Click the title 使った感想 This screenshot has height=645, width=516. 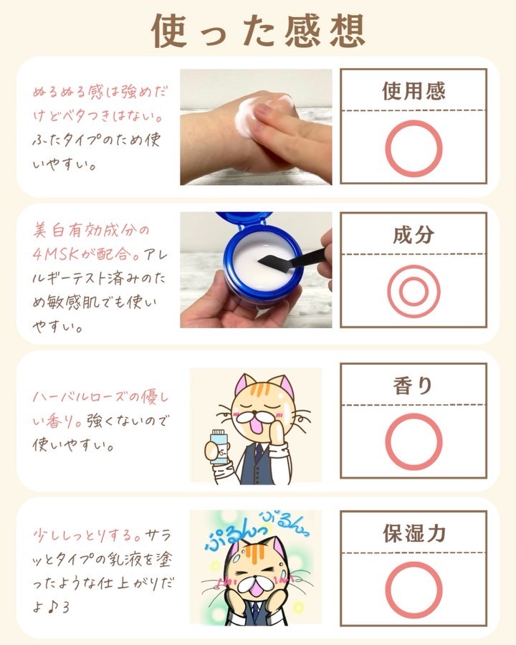(x=259, y=30)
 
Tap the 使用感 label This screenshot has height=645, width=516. (x=414, y=91)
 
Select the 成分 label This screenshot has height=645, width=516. (x=414, y=235)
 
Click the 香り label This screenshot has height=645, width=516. (x=413, y=386)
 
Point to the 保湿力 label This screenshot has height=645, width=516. (x=414, y=533)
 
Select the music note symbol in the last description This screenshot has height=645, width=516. (x=52, y=608)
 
